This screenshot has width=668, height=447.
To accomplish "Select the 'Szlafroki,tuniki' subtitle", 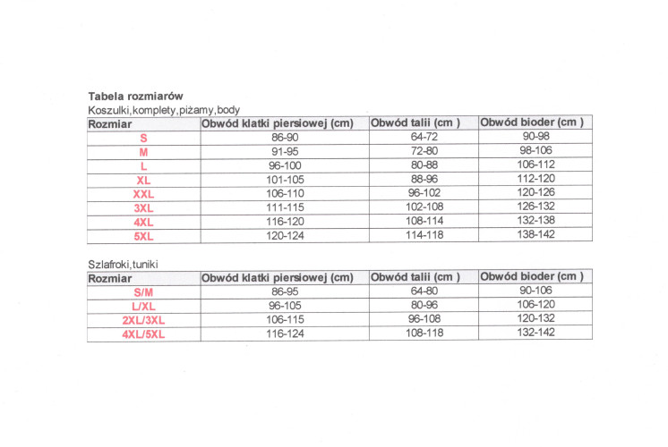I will (x=127, y=264).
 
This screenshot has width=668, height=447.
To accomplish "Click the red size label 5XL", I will (x=143, y=237).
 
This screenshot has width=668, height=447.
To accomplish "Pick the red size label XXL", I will (x=143, y=194).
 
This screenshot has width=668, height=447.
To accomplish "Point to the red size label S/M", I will (x=143, y=292).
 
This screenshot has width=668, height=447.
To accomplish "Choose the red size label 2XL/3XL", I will (x=143, y=320).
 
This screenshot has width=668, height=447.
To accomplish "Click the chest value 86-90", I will (x=284, y=138).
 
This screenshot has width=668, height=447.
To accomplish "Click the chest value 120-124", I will (x=284, y=237).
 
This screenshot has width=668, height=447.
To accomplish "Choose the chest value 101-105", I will (x=284, y=180).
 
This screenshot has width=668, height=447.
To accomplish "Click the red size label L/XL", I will (x=143, y=306).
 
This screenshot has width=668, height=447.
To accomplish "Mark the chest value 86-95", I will (x=284, y=292).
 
